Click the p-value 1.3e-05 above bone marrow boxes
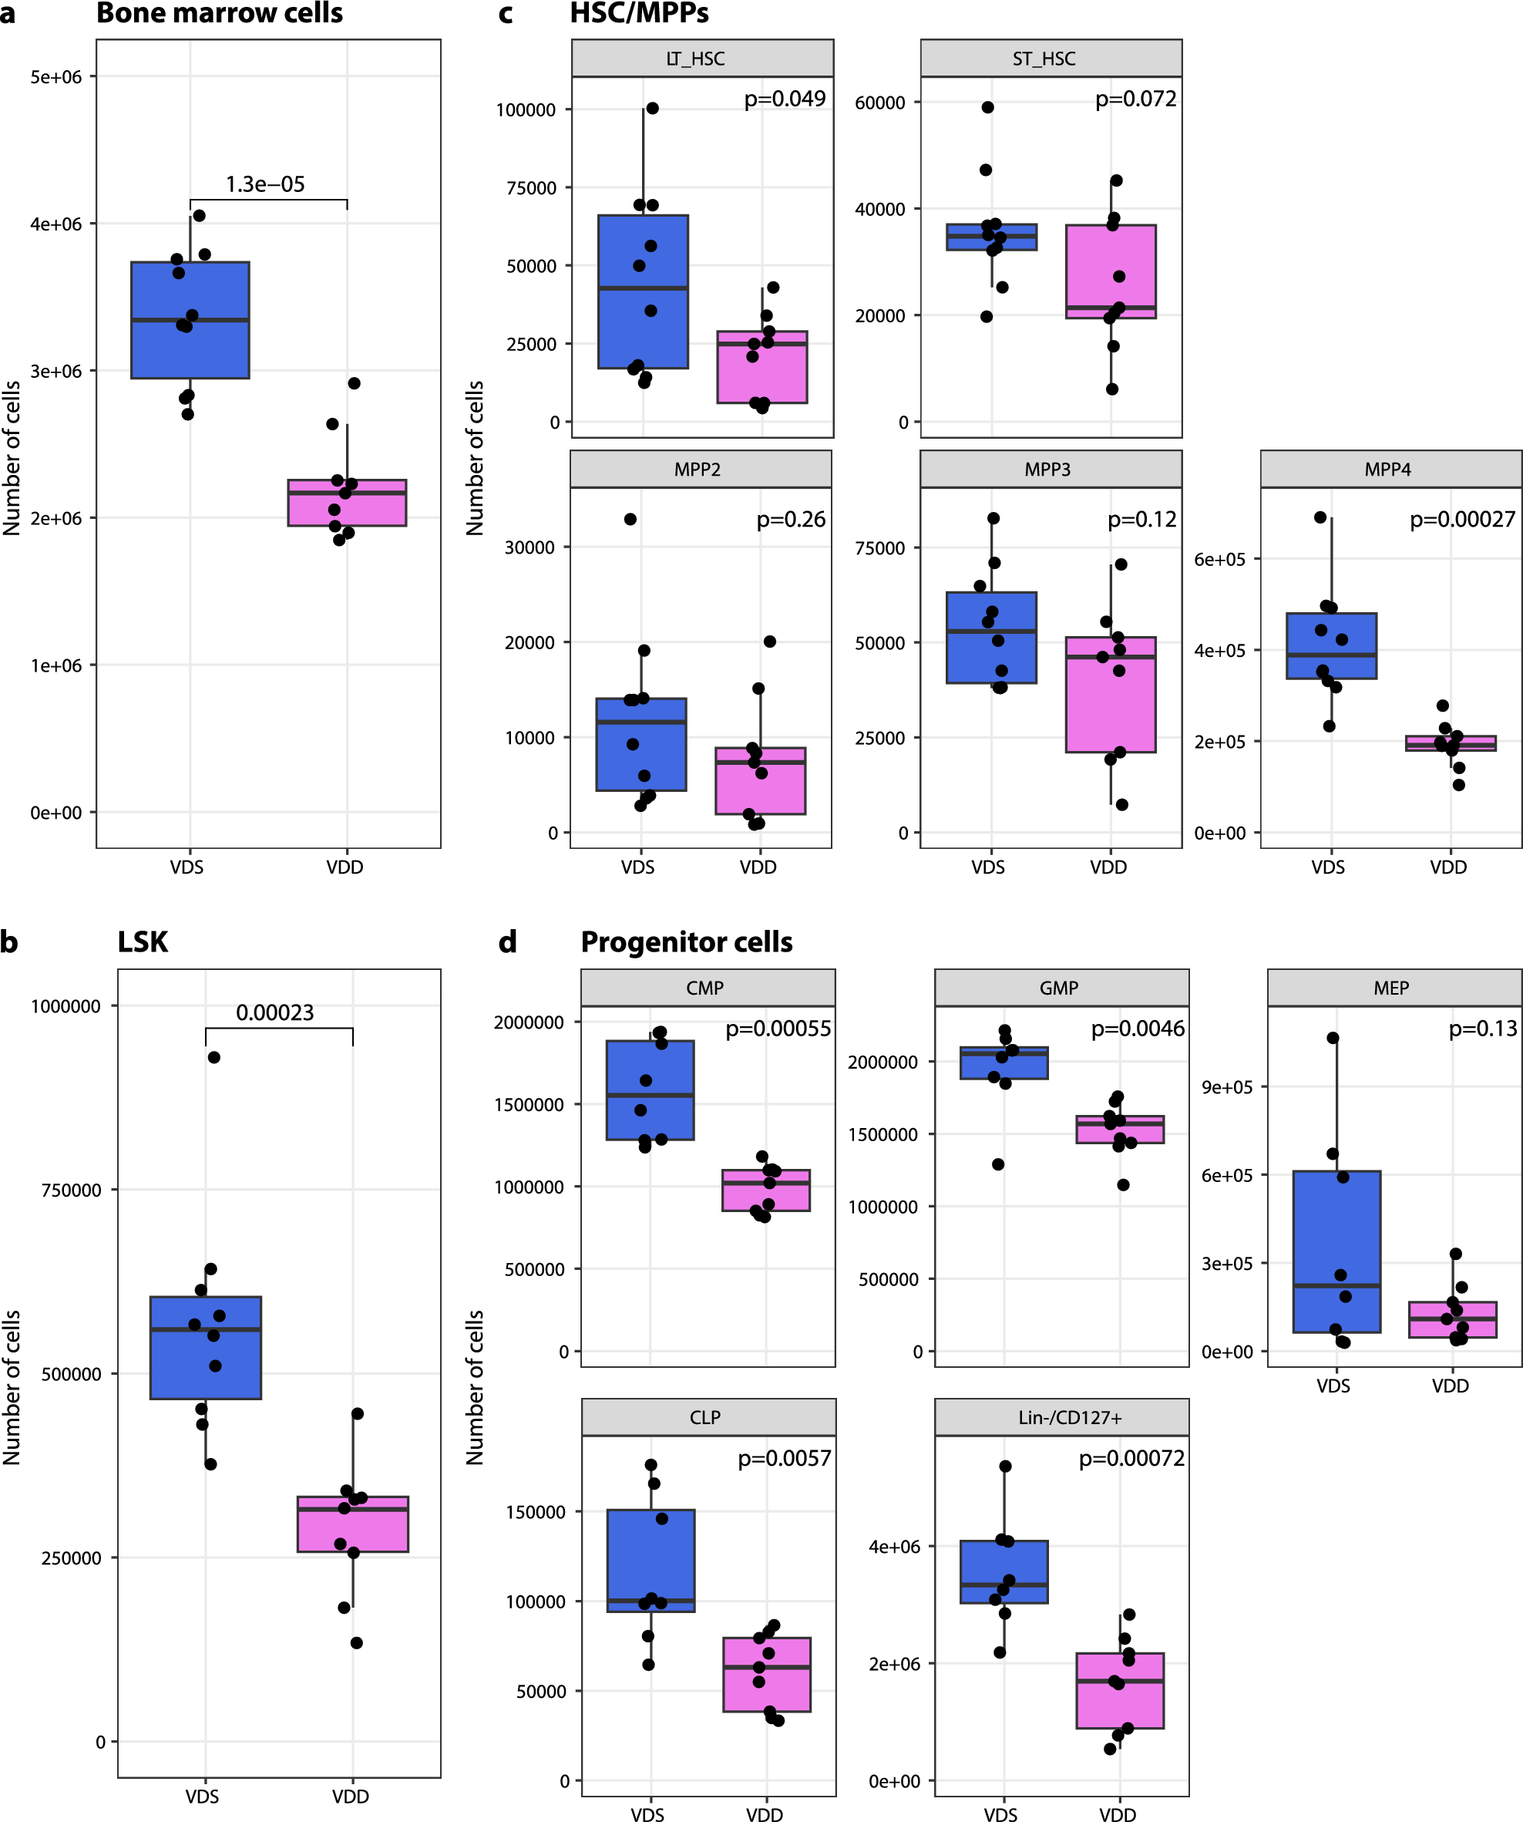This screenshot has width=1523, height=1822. tap(264, 184)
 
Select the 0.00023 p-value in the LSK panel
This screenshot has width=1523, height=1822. tap(275, 1012)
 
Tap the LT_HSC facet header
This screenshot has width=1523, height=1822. tap(701, 58)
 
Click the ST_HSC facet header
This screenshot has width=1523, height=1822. tap(1051, 58)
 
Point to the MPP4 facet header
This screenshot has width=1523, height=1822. tap(1390, 470)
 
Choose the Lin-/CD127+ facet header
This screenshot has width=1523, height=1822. tap(1061, 1417)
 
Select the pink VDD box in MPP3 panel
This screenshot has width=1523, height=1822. tap(1110, 694)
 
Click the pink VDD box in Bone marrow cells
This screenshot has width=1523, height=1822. tap(347, 503)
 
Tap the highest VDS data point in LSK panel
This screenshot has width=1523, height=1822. tap(214, 1057)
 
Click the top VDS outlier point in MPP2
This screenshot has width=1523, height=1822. tap(630, 519)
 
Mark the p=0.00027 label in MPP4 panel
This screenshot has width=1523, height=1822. tap(1462, 519)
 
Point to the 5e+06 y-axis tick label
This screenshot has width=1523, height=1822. tap(56, 77)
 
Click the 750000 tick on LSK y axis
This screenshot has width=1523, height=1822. tap(71, 1190)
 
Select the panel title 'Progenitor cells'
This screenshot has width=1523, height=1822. tap(686, 941)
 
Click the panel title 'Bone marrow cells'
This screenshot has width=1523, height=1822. tap(220, 14)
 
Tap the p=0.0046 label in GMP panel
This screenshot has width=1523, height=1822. tap(1137, 1028)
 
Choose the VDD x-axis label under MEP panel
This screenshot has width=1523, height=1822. tap(1450, 1386)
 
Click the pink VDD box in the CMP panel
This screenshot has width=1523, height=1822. tap(766, 1190)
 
